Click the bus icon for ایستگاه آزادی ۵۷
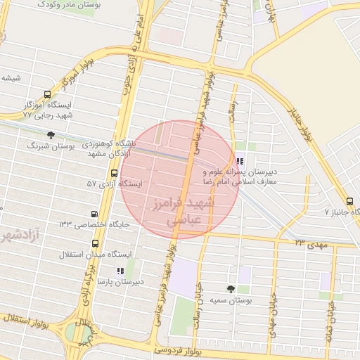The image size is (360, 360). pos(114,173)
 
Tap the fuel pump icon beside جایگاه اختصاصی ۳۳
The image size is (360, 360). pos(95,214)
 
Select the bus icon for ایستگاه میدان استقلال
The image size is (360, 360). pos(95,243)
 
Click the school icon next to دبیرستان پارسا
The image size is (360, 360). pos(120,271)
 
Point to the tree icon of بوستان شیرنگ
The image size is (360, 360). pos(50,134)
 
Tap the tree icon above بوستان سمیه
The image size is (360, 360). pos(231,288)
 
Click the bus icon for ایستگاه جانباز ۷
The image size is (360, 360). pos(351,200)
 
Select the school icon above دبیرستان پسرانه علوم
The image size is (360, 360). pos(240,161)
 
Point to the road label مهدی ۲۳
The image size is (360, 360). pos(311,242)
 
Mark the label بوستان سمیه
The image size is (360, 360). pos(231,301)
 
